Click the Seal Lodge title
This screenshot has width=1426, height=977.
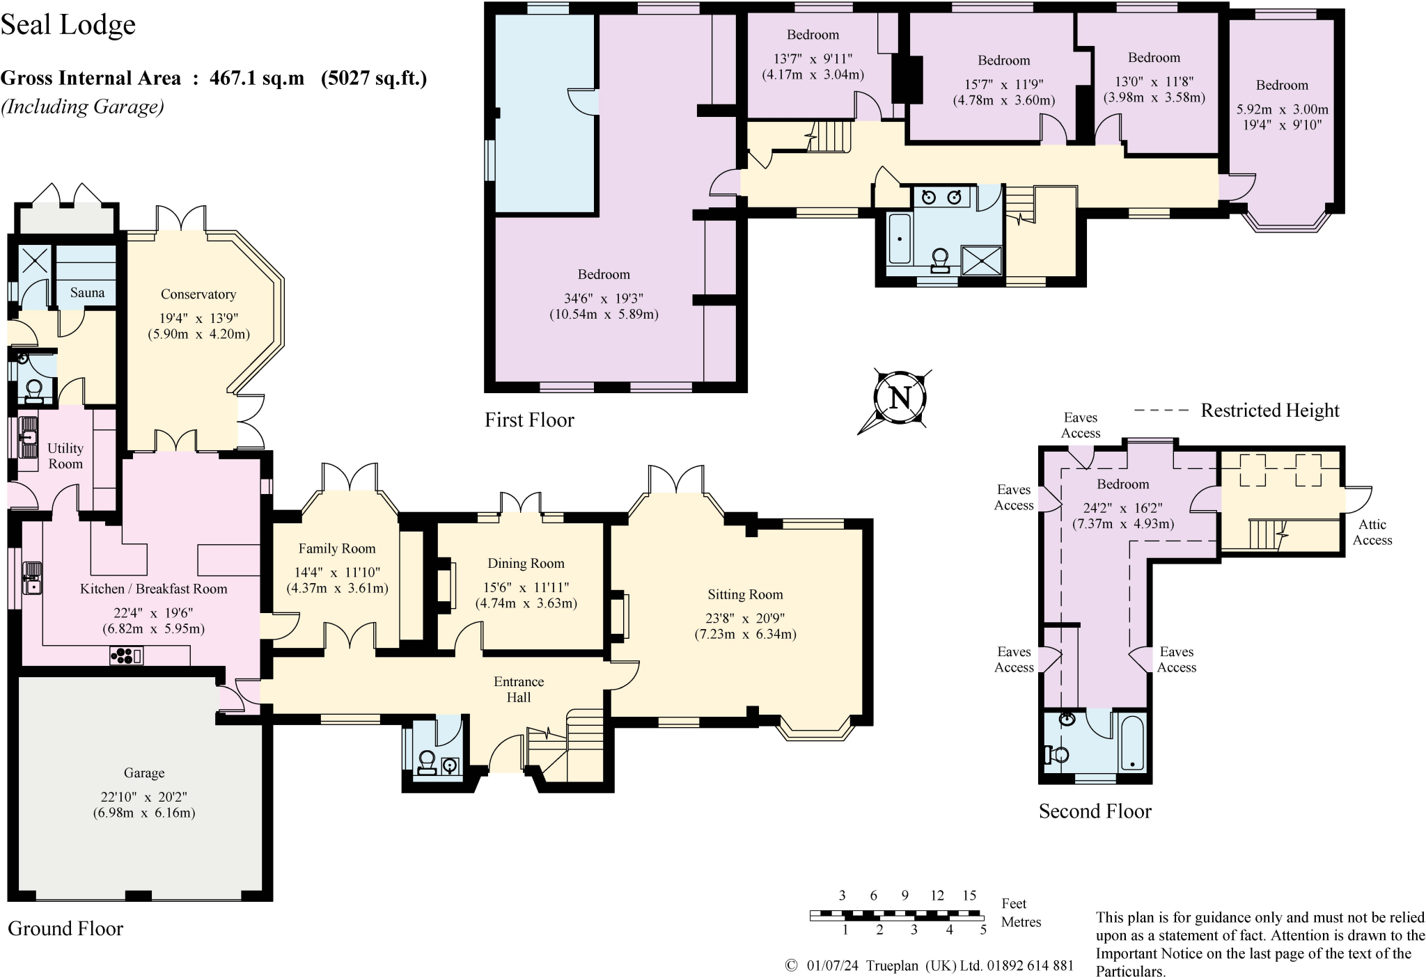coord(68,25)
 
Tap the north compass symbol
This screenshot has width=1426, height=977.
coord(900,399)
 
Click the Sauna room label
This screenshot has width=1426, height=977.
coord(87,293)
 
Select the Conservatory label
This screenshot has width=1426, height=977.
coord(198,294)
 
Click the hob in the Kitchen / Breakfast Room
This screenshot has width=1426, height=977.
coord(126,655)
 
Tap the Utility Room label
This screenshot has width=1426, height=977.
coord(65,456)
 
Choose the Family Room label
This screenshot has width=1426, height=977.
coord(337,548)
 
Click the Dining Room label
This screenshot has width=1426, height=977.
coord(526,563)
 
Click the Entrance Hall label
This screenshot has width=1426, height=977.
coord(519,689)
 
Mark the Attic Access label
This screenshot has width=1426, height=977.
coord(1372,532)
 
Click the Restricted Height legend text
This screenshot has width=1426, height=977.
coord(1270,411)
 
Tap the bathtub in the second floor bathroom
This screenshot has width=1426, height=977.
coord(1133,742)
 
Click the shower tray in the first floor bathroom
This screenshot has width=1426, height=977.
coord(982,261)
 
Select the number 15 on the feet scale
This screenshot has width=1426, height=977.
coord(969,895)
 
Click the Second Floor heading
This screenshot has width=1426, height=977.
coord(1095,811)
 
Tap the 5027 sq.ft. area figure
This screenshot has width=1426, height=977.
coord(374,78)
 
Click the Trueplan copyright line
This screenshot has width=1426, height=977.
coord(930,966)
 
